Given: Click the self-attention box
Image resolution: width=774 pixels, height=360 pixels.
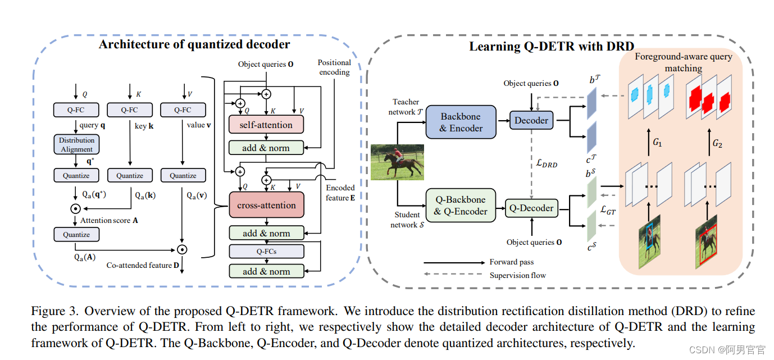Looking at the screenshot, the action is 266,124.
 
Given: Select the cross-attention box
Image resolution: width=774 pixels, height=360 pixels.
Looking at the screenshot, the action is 266,205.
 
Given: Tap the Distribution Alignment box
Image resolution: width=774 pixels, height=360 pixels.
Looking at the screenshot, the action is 76,144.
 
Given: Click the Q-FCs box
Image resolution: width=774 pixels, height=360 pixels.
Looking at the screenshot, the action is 266,251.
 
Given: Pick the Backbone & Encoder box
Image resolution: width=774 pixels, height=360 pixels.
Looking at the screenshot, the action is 461,122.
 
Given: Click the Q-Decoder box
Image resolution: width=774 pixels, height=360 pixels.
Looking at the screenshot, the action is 531,208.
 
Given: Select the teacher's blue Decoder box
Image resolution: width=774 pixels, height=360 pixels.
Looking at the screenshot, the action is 531,120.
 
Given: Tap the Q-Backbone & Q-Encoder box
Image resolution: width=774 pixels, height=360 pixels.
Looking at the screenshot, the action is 461,205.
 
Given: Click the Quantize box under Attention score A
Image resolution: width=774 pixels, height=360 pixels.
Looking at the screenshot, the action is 76,234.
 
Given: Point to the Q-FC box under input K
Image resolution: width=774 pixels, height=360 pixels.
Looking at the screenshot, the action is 130,110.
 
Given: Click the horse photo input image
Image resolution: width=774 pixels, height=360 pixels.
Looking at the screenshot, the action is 397,162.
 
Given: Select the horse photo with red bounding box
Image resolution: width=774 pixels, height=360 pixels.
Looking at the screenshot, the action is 706,242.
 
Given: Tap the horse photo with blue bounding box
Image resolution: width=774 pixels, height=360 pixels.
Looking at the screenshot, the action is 650,242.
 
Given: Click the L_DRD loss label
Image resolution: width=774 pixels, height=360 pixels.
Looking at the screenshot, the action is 547,163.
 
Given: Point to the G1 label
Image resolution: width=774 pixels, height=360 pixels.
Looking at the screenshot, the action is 657,142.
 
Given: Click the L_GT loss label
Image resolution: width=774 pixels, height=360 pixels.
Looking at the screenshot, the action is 608,210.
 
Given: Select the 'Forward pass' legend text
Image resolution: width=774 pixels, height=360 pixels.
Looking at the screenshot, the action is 511,262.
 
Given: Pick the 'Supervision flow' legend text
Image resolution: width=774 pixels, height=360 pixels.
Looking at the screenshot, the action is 518,275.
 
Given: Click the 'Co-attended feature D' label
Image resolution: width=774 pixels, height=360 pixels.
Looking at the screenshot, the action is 143,265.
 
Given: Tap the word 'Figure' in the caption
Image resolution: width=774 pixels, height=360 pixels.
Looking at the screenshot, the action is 48,311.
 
